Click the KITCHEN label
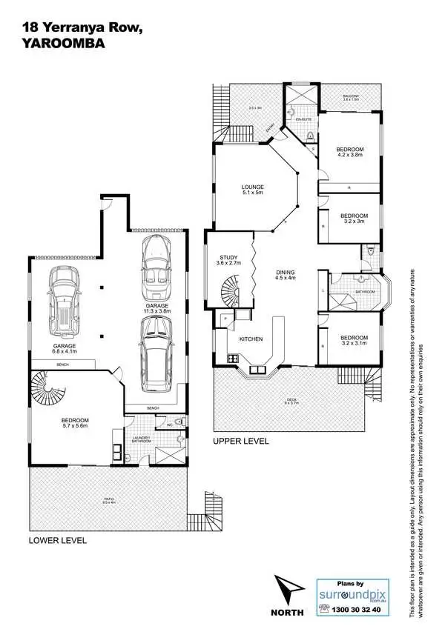251,339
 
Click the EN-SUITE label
303,119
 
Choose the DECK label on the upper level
292,401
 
